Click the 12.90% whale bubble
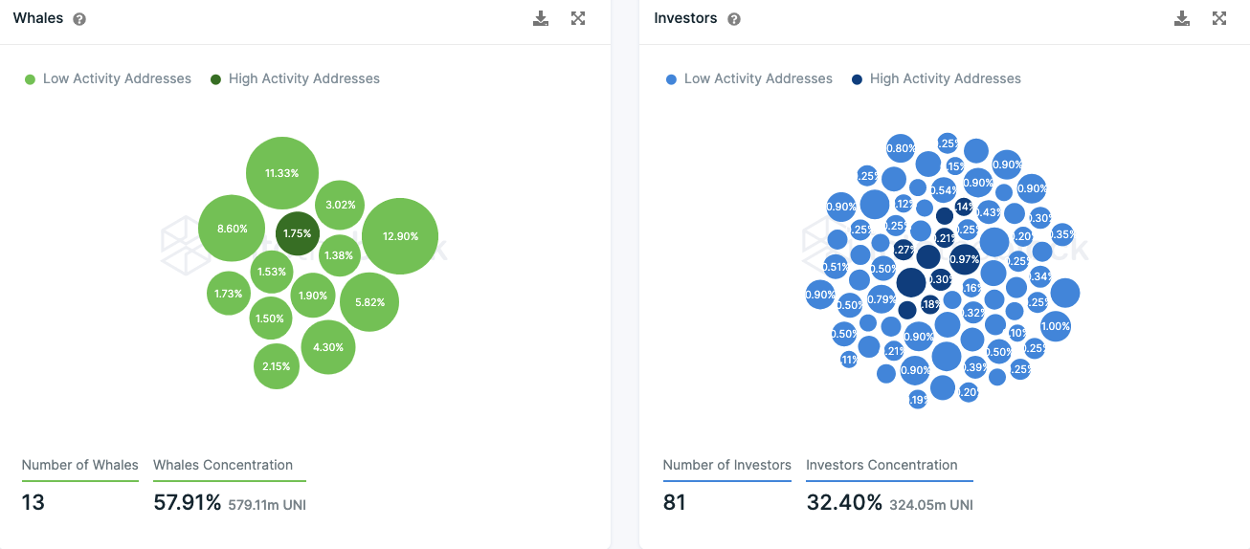[x=400, y=236]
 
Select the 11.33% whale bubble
[x=281, y=173]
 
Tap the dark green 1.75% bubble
[x=297, y=233]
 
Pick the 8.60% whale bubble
[x=232, y=229]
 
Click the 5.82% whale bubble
[x=369, y=302]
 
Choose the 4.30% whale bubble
[x=327, y=347]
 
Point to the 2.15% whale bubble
[x=276, y=366]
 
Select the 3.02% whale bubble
[x=340, y=205]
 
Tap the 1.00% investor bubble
[x=1055, y=326]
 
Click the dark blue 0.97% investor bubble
[x=964, y=259]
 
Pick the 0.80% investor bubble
[x=900, y=148]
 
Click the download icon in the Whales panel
[x=541, y=18]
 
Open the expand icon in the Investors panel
[x=1218, y=18]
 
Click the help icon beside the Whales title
[x=79, y=19]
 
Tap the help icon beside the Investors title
[x=734, y=19]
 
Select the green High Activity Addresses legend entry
[x=295, y=78]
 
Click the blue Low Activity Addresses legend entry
[x=748, y=78]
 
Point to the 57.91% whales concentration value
[x=188, y=502]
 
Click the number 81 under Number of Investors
[x=674, y=502]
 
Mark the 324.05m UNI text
[x=930, y=504]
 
